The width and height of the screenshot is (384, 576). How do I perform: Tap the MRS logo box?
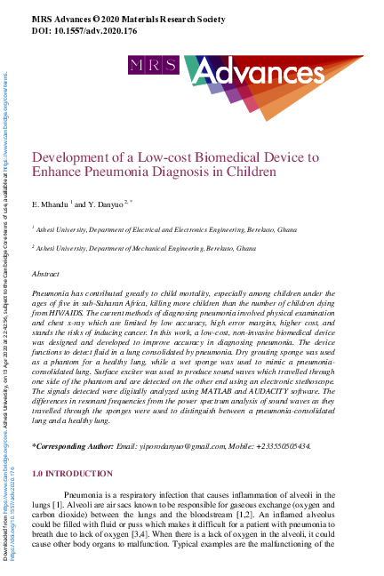(146, 65)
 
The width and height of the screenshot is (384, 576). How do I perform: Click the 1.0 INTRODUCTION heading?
(72, 474)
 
